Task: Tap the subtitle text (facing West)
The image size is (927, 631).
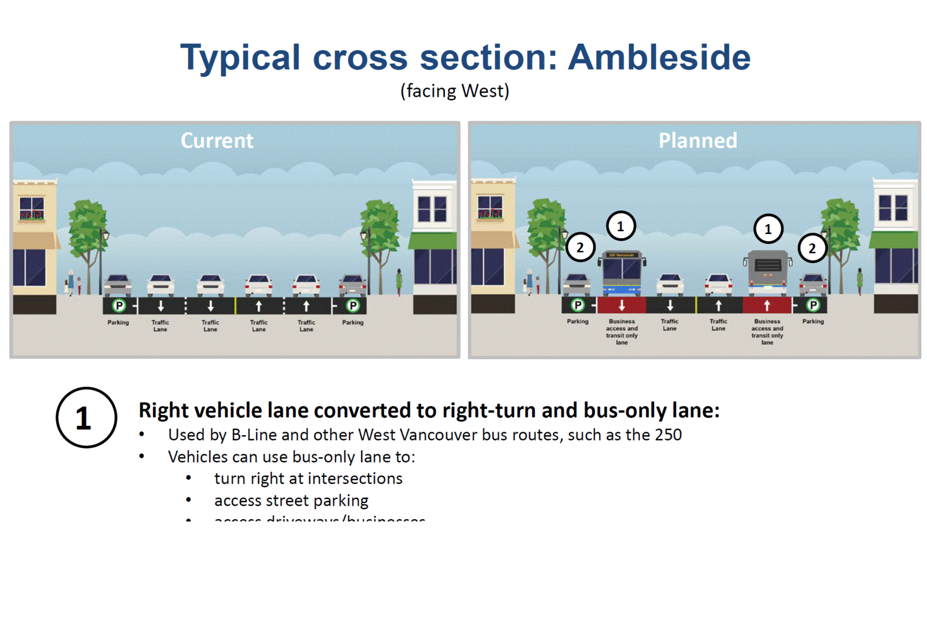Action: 455,91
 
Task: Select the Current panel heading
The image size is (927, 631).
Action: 217,140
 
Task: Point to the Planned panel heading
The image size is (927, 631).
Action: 698,140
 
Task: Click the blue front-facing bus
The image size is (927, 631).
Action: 622,273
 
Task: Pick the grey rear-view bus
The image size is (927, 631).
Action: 768,273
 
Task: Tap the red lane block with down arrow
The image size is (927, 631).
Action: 622,305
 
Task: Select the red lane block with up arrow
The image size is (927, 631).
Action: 767,305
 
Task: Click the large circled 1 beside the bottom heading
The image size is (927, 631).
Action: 86,417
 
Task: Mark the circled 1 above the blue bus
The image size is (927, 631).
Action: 621,226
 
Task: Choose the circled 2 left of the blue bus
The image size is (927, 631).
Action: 580,247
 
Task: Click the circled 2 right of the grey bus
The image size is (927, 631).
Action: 812,248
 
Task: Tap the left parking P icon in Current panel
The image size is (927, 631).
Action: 119,305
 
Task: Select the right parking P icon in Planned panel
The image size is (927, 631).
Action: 813,305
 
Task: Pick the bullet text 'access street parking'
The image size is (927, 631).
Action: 291,500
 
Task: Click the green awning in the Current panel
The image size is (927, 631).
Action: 433,240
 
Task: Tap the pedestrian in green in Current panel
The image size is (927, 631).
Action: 399,282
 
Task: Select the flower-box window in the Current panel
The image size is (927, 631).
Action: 32,209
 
